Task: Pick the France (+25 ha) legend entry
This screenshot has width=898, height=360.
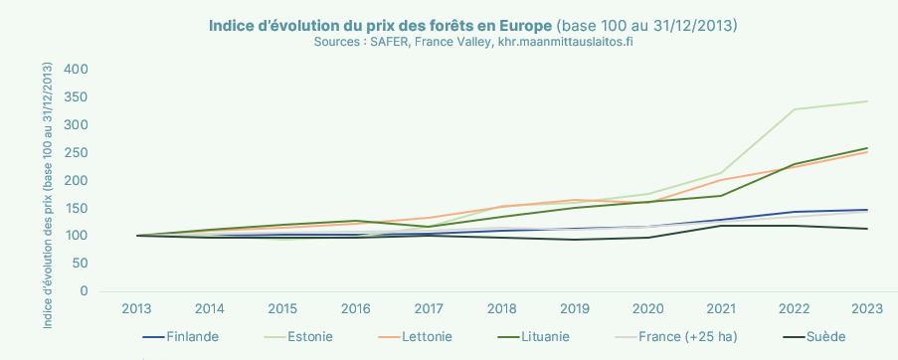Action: click(687, 337)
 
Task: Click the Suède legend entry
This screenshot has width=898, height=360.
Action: click(826, 337)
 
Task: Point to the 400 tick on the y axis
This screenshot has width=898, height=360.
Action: click(76, 70)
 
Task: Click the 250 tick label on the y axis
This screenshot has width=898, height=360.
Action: click(76, 152)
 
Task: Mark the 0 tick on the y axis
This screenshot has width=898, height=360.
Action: click(84, 291)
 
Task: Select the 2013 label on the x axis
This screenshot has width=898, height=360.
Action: click(136, 309)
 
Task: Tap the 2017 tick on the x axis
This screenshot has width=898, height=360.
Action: click(429, 309)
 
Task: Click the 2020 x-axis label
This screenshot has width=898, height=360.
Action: click(647, 309)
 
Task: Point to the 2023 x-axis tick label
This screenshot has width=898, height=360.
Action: click(867, 309)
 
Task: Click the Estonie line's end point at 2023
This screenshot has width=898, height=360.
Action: click(867, 101)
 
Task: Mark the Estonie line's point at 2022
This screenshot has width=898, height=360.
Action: click(794, 109)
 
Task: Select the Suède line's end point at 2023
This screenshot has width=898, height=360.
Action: click(867, 229)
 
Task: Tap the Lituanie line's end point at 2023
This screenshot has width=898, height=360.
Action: click(867, 148)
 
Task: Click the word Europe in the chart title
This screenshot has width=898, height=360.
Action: click(523, 24)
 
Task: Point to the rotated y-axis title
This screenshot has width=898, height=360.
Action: click(47, 180)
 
